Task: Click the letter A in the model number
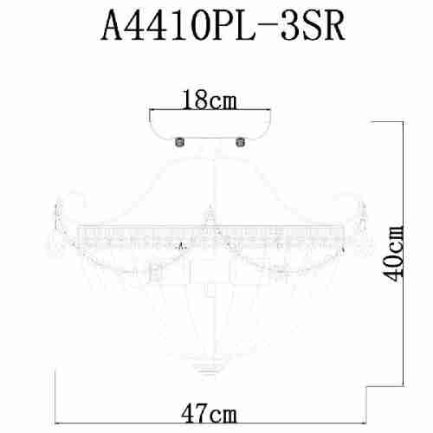tap(114, 26)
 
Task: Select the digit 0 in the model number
tap(198, 26)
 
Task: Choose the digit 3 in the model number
tap(290, 26)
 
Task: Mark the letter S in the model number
tap(311, 26)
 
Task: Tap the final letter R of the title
tap(333, 26)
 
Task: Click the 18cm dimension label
tap(210, 100)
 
